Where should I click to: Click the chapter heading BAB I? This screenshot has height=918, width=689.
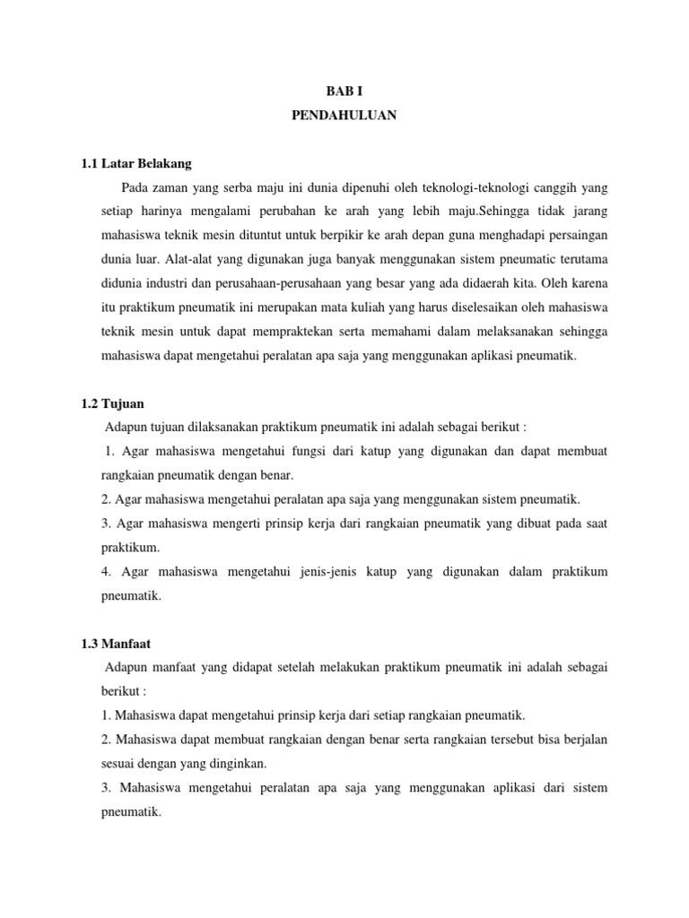coord(344,91)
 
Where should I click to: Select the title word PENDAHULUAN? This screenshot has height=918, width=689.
coord(344,116)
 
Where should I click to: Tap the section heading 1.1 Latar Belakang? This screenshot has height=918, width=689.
coord(136,164)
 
